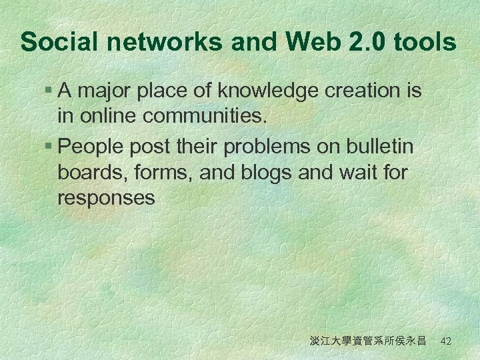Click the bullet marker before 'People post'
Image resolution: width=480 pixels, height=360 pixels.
click(x=49, y=145)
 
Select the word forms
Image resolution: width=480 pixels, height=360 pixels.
click(x=153, y=172)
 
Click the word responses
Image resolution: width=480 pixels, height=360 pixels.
click(x=107, y=199)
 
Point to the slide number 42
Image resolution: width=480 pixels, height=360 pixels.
click(x=446, y=341)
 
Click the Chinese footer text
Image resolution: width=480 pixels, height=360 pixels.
click(x=368, y=341)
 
